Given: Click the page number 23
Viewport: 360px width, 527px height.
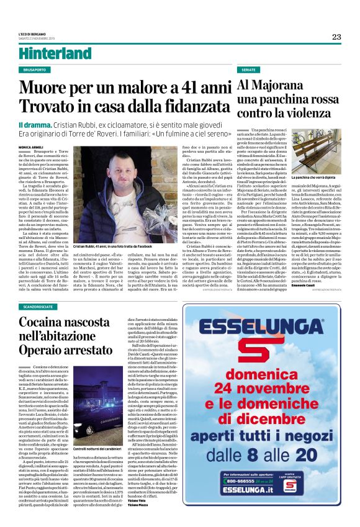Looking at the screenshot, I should tap(336, 37).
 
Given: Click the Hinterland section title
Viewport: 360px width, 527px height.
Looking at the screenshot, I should tap(47, 52).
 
